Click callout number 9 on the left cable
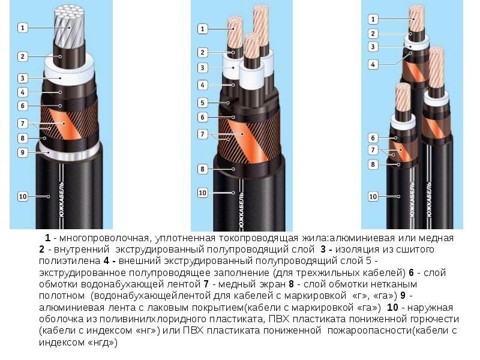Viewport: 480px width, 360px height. [22, 152]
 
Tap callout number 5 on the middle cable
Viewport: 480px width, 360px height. [202, 103]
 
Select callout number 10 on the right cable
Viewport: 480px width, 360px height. [373, 197]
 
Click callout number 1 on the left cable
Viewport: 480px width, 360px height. [22, 28]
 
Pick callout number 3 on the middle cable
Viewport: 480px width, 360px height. [202, 68]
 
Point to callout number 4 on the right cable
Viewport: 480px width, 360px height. [373, 65]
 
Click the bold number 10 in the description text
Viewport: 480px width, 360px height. [392, 307]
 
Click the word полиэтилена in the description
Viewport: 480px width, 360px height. [70, 261]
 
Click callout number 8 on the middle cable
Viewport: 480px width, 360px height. [202, 169]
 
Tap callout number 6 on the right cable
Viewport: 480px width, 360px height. [373, 138]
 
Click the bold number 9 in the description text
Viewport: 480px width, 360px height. [403, 296]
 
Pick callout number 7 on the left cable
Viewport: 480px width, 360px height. [22, 124]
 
